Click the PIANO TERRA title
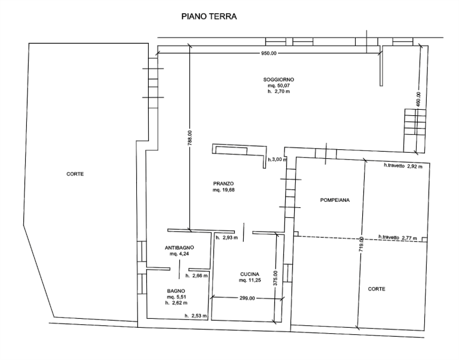pos(209,16)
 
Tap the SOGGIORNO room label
pos(279,79)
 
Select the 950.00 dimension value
pos(268,53)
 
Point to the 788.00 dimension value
pos(190,138)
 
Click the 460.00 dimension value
pos(418,100)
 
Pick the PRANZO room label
pos(224,184)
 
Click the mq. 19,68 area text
pos(224,190)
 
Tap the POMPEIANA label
pos(335,201)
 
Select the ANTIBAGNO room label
pos(179,248)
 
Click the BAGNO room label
pos(176,291)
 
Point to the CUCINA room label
pos(250,274)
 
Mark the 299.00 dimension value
pos(247,299)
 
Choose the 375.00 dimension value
pos(275,278)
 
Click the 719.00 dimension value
pos(361,244)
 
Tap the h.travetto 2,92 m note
pos(403,166)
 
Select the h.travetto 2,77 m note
pos(398,238)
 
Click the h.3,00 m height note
pos(277,159)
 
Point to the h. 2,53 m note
pos(195,316)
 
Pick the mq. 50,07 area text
pos(279,86)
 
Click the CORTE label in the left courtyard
pos(75,174)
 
